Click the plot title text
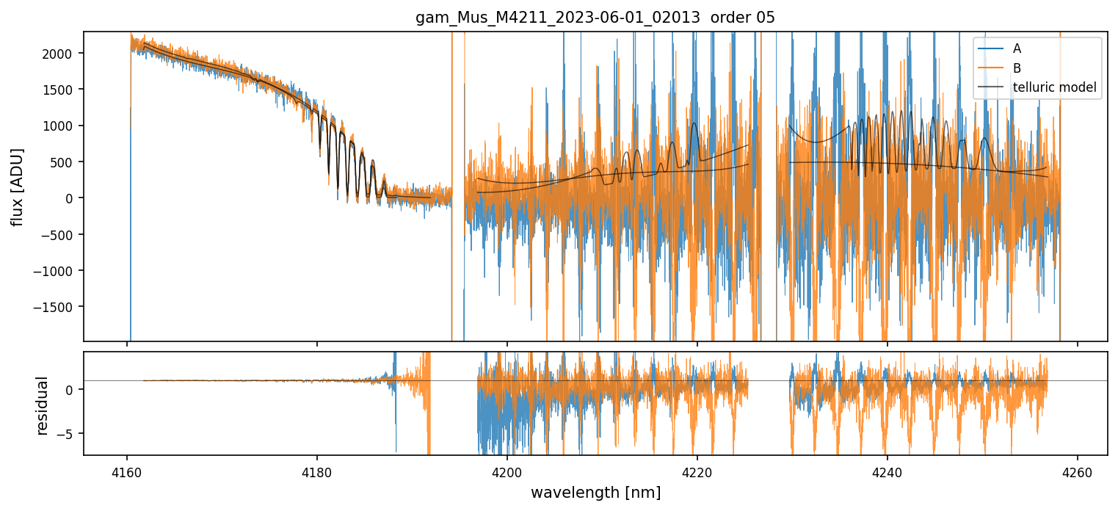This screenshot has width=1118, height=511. tap(595, 18)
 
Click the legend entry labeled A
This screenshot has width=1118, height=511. tap(1017, 48)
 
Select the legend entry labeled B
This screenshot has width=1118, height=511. tap(1017, 68)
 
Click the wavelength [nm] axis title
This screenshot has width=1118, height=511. tap(595, 492)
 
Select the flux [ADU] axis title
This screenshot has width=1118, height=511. tap(17, 186)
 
